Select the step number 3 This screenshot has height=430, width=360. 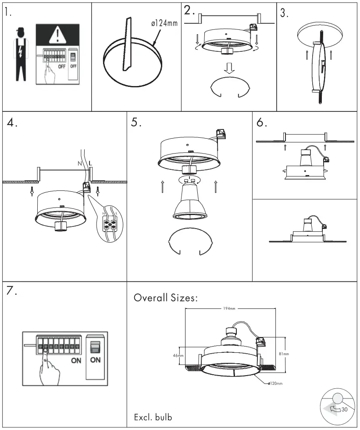(285, 14)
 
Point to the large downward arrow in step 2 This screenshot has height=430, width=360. (228, 68)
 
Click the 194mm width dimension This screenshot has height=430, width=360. (229, 309)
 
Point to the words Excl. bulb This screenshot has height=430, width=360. (153, 417)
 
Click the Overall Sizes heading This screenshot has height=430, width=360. (166, 298)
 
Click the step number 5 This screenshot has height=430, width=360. (135, 123)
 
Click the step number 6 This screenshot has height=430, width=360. (261, 123)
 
